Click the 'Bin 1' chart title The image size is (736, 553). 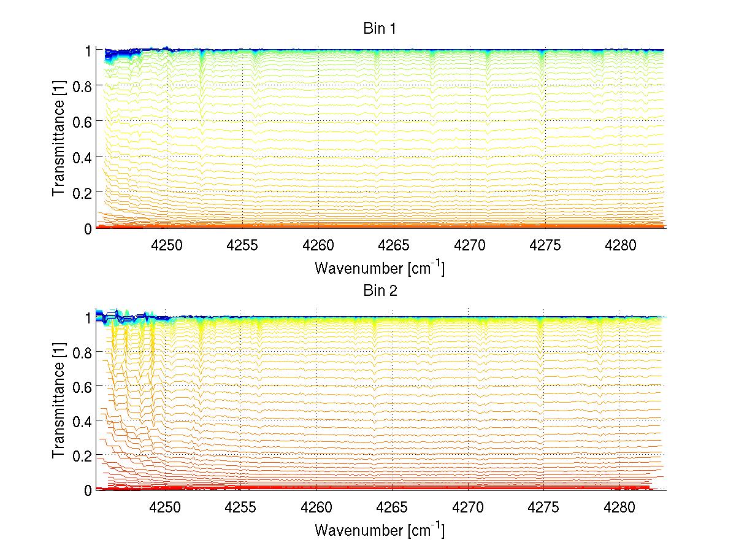380,28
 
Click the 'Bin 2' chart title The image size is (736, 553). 380,290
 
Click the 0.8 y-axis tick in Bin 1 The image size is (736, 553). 82,85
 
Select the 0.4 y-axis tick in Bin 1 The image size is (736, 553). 82,157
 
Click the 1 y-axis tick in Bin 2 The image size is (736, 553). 88,318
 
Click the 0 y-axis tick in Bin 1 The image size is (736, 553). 88,228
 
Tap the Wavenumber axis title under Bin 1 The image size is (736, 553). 380,268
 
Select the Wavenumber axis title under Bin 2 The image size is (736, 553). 380,530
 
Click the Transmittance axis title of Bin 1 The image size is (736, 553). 59,139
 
